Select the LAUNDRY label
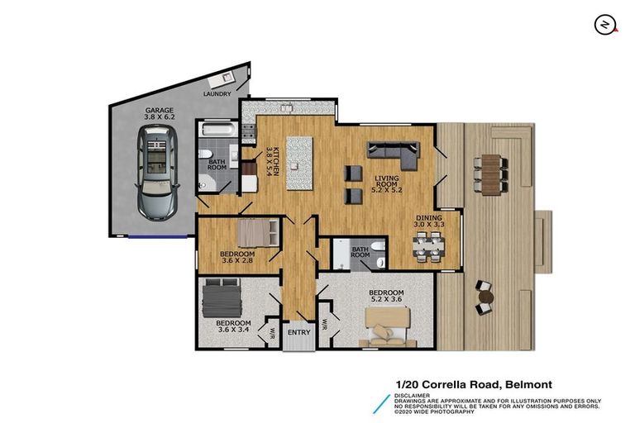218,95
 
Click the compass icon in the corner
605,25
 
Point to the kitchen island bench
301,162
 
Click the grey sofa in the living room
394,151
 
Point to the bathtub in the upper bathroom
217,130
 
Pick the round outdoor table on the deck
485,295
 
